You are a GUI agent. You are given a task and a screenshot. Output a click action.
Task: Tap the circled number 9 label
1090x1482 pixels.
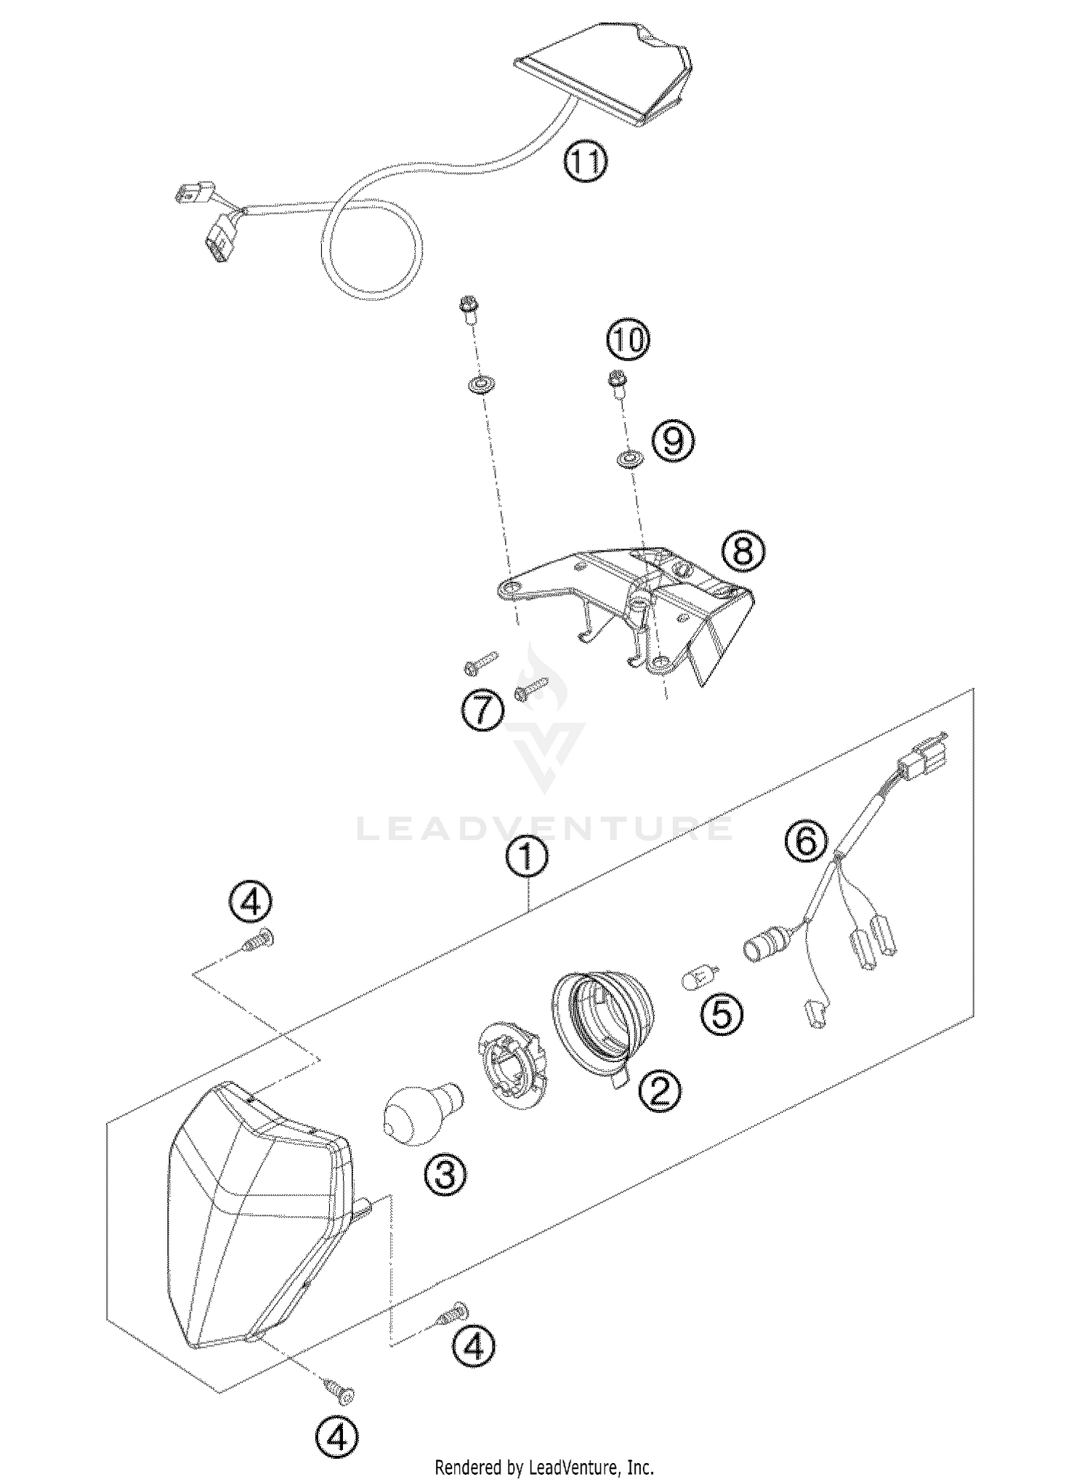point(673,440)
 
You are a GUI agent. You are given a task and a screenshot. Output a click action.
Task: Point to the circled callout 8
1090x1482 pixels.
point(743,551)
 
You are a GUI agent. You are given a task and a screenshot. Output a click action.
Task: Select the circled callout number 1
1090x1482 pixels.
point(528,859)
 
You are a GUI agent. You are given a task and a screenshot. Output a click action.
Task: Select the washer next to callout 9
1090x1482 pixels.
point(626,459)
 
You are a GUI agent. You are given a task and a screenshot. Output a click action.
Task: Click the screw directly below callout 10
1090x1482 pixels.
point(618,383)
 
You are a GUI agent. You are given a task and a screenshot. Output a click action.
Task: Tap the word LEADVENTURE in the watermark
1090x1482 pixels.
point(544,829)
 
